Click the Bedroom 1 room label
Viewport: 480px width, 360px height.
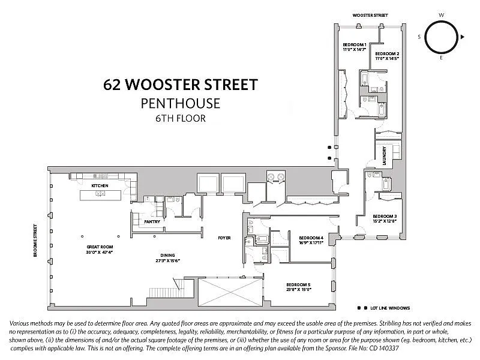click(354, 45)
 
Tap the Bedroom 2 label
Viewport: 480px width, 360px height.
click(387, 54)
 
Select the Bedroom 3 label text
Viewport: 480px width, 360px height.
click(384, 216)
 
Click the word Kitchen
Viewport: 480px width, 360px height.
click(100, 186)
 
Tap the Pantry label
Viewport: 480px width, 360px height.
click(152, 221)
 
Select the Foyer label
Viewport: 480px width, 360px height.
click(224, 238)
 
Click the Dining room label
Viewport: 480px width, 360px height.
click(159, 254)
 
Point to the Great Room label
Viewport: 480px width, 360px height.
click(100, 247)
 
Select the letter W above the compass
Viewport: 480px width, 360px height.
click(441, 14)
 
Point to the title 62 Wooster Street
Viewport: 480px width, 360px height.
click(181, 83)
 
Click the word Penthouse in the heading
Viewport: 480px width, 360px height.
click(181, 103)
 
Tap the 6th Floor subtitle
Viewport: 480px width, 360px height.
click(181, 118)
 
